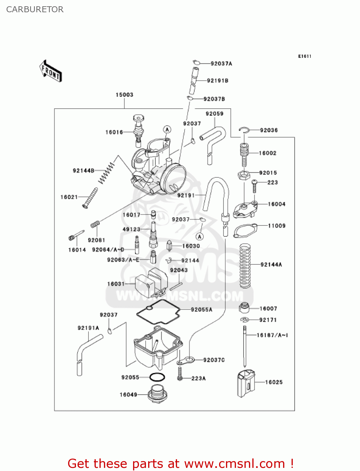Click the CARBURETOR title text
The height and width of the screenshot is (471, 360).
[x=35, y=9]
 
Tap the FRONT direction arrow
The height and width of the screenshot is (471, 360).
[x=50, y=71]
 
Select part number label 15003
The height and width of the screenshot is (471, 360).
[x=124, y=95]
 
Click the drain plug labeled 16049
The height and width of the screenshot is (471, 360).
[x=158, y=394]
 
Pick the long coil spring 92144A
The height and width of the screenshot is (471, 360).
[x=245, y=266]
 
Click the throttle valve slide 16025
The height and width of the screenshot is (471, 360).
[x=246, y=383]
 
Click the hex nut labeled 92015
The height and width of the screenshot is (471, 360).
[x=244, y=175]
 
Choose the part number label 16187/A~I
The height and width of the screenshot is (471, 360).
[x=272, y=335]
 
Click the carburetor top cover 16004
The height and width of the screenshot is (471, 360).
[x=245, y=209]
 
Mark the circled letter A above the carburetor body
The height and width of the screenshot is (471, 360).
[x=167, y=129]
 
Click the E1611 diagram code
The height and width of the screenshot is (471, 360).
[x=304, y=56]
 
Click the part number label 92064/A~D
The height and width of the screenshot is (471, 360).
[x=108, y=250]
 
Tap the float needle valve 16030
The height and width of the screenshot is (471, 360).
[x=169, y=245]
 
